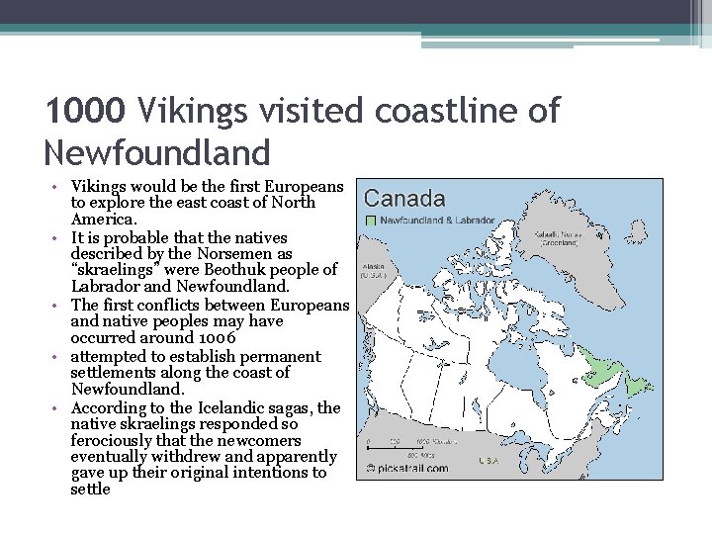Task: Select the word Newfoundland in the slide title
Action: click(x=157, y=152)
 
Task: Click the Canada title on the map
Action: click(x=405, y=199)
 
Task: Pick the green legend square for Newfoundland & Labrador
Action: click(x=371, y=220)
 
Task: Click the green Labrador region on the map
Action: click(x=592, y=368)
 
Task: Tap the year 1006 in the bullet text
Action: click(x=217, y=338)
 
